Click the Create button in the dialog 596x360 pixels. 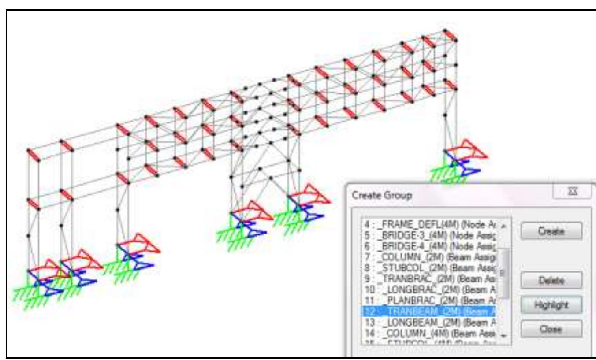[x=551, y=230]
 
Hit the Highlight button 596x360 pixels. [x=551, y=304]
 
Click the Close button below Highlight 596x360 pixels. [x=551, y=329]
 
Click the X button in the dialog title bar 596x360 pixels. [x=572, y=193]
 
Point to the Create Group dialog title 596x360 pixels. [x=381, y=195]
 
